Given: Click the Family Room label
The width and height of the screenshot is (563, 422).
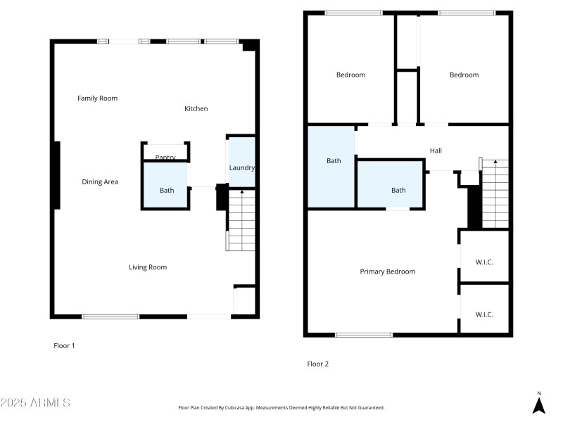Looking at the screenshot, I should pos(97,98).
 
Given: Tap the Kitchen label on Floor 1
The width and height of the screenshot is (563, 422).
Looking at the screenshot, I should pos(196,109).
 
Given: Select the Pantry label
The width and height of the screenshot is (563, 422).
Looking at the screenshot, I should pos(165,158).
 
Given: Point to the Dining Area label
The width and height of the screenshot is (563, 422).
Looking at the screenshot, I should pos(100,182).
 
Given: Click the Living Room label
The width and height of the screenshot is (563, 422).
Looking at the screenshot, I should pos(148,267).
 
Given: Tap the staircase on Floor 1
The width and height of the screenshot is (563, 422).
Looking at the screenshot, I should pos(240,220).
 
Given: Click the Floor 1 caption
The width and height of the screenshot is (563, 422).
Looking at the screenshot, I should pos(64,345).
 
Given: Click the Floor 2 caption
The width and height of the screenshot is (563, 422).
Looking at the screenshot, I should pos(317,364).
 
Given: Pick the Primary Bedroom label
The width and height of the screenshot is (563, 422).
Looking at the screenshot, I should pos(387,271).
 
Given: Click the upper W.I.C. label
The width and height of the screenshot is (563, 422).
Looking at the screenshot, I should pos(484,262).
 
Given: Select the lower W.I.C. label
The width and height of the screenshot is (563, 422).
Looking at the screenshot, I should pos(484,314).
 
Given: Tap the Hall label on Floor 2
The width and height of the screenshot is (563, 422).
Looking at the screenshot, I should pos(436,151).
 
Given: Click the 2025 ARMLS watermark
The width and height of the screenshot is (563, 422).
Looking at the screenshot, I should pos(35,403).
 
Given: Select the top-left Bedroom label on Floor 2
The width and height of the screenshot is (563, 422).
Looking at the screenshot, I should pos(350,75).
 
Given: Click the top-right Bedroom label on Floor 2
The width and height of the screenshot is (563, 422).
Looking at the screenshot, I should pos(464,75).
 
